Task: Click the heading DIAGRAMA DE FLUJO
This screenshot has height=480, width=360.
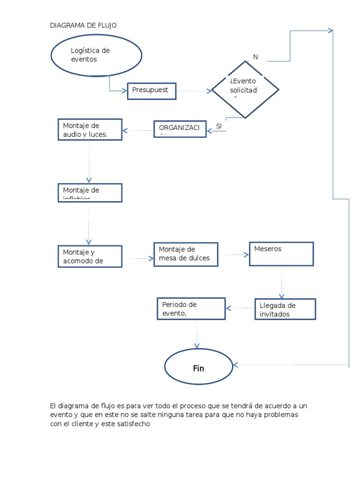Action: (x=83, y=25)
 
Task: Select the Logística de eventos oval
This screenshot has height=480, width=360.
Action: (x=96, y=55)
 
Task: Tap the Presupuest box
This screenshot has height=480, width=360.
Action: (x=151, y=91)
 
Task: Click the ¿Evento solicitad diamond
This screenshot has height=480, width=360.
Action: (x=245, y=90)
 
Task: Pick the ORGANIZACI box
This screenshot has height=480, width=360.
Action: (x=180, y=129)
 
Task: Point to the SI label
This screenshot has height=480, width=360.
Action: (x=218, y=126)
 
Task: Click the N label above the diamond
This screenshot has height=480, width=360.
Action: (x=255, y=57)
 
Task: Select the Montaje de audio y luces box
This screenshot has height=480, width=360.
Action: (x=90, y=130)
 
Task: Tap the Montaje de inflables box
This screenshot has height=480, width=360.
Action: (x=90, y=193)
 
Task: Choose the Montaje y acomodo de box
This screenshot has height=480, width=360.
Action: (x=90, y=256)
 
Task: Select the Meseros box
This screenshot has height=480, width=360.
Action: (x=281, y=254)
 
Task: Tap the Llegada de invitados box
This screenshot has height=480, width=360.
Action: (x=285, y=309)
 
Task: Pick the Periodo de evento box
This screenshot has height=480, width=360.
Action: (x=191, y=308)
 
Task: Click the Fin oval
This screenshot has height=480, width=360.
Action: (x=199, y=368)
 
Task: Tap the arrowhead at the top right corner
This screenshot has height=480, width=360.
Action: (x=330, y=30)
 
